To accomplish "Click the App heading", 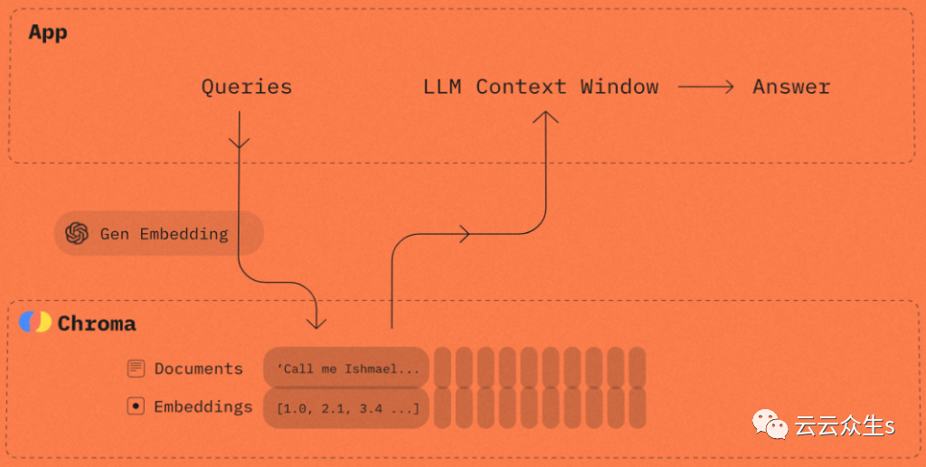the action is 48,33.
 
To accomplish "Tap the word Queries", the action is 246,88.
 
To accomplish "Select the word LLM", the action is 442,88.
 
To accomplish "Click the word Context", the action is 522,88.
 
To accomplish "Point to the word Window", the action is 619,88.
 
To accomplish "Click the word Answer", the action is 791,88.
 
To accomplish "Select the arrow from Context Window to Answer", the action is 705,88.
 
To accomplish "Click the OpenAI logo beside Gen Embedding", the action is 77,234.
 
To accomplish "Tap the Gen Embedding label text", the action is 164,234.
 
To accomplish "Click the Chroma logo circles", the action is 35,322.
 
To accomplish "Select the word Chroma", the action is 97,323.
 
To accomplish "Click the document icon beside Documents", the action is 136,369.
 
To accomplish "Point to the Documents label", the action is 198,369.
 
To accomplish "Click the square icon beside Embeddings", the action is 136,406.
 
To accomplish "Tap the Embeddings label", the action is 203,406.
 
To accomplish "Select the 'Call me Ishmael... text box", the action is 346,369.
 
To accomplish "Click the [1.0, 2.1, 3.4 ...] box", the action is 346,408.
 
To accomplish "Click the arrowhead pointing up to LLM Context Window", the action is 545,117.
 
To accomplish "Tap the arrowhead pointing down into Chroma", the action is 316,321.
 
